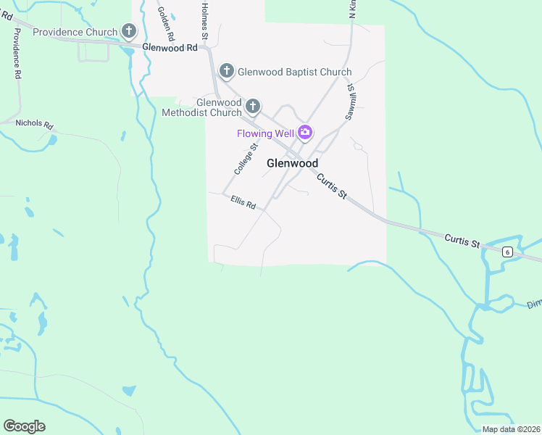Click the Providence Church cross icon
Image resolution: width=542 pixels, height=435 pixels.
(129, 31)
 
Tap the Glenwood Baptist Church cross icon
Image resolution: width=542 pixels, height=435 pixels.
(227, 71)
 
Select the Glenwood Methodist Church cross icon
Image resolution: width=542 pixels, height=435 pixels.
(253, 107)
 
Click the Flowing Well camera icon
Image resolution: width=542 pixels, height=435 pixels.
(305, 133)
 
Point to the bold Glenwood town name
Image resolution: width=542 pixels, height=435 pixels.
(293, 163)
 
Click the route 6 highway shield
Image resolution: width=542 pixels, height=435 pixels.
(507, 251)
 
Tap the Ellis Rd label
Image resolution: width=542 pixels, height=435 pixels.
(243, 202)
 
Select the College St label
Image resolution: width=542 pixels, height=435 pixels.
(246, 158)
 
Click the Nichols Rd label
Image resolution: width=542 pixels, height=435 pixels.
(35, 125)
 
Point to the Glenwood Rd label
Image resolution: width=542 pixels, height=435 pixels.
(170, 48)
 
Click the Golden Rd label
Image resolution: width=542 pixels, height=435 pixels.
(165, 21)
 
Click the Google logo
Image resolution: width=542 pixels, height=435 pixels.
(24, 426)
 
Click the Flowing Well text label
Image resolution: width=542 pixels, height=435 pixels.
(264, 133)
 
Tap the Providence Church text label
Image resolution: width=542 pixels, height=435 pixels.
(75, 32)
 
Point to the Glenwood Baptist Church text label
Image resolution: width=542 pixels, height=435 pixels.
(295, 72)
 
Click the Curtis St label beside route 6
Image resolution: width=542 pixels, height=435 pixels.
(463, 239)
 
